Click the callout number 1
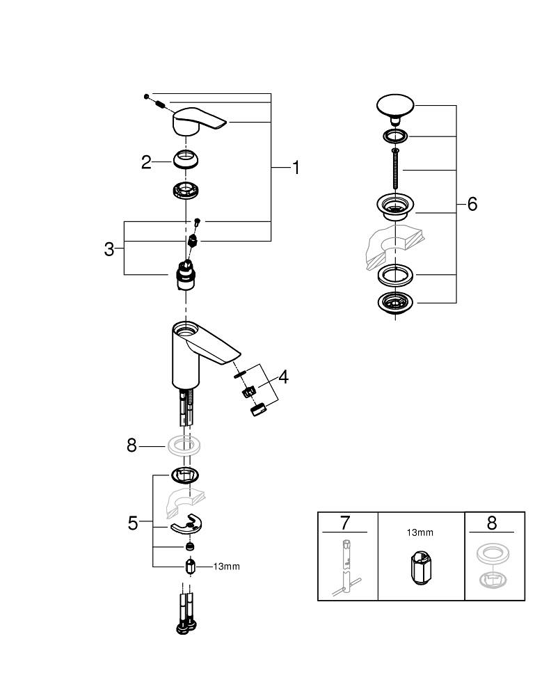tap(296, 168)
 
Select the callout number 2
tap(146, 163)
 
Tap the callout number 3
tap(109, 249)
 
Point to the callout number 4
tap(283, 377)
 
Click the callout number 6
tap(472, 205)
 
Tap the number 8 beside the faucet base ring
tap(132, 445)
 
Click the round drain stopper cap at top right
tap(394, 106)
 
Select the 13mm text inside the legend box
tap(420, 532)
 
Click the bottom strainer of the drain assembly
tap(395, 303)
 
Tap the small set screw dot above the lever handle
tap(147, 95)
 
